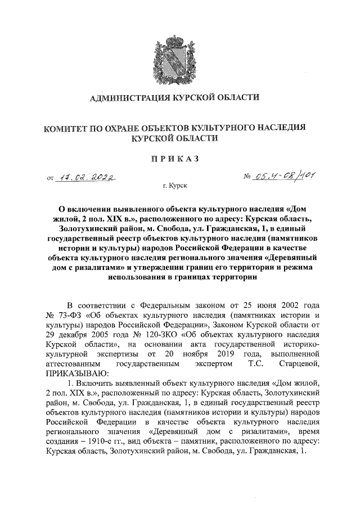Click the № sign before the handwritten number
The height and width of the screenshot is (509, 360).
247,178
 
